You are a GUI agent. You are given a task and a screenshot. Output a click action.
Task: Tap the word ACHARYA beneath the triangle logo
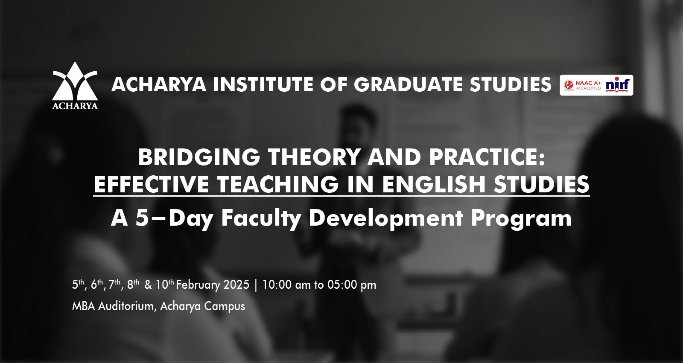pyautogui.click(x=75, y=106)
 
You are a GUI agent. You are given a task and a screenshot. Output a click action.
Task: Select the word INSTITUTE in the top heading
pyautogui.click(x=263, y=84)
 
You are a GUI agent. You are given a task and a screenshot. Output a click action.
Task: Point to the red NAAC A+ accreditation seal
pyautogui.click(x=568, y=85)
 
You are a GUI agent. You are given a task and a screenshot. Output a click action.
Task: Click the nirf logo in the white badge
pyautogui.click(x=617, y=85)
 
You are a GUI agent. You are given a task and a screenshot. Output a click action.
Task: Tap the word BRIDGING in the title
pyautogui.click(x=199, y=157)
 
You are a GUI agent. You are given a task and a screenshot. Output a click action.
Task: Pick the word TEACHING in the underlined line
pyautogui.click(x=277, y=184)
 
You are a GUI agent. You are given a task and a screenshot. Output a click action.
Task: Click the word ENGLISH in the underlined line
pyautogui.click(x=433, y=184)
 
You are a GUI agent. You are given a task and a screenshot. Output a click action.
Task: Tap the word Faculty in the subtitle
pyautogui.click(x=261, y=218)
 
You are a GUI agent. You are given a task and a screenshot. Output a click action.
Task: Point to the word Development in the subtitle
pyautogui.click(x=386, y=218)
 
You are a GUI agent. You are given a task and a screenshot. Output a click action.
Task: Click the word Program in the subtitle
pyautogui.click(x=521, y=218)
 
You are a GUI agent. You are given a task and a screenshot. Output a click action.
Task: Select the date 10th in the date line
pyautogui.click(x=165, y=285)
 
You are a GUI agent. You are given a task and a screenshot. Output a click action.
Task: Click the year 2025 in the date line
pyautogui.click(x=236, y=285)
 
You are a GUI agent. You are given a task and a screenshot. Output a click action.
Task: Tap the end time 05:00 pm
pyautogui.click(x=352, y=285)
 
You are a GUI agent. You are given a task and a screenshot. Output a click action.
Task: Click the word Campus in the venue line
pyautogui.click(x=224, y=306)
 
